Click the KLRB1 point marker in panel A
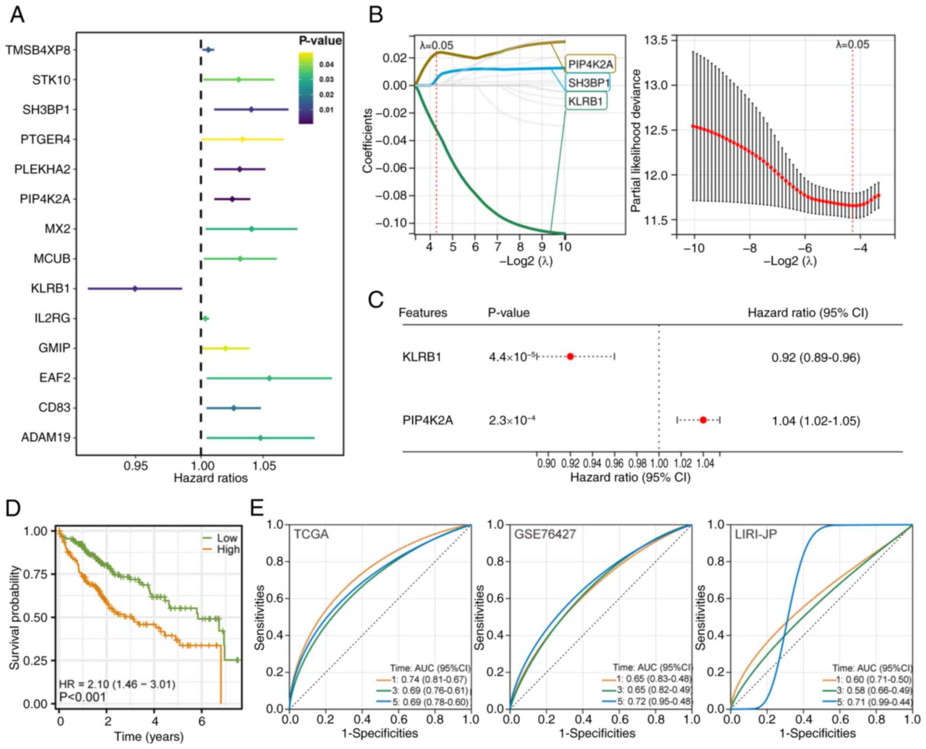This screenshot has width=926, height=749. click(135, 289)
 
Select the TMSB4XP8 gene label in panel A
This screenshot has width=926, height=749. click(38, 50)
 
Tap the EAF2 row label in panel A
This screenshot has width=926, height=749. click(55, 378)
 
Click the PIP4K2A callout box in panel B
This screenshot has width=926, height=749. click(590, 64)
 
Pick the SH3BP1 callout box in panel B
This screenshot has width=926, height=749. click(588, 83)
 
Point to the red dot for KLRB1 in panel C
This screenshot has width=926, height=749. click(570, 357)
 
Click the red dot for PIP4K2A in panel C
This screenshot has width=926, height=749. click(703, 420)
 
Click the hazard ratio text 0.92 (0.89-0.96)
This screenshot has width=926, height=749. click(816, 357)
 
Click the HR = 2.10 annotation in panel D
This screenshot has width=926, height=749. click(117, 684)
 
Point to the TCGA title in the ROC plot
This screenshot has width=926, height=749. click(311, 534)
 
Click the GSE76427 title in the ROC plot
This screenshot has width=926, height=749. click(545, 534)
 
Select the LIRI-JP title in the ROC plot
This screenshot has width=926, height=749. click(756, 534)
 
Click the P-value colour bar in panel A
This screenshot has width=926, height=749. click(306, 88)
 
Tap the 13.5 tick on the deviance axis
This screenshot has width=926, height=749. click(655, 41)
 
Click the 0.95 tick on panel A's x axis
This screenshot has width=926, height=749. click(136, 466)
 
